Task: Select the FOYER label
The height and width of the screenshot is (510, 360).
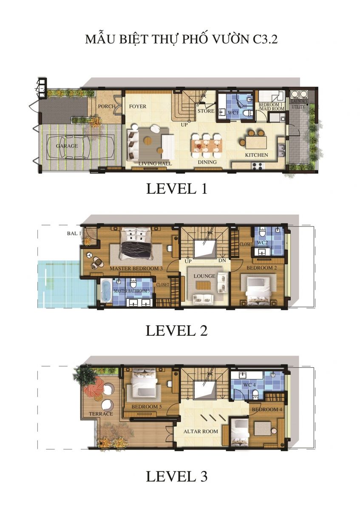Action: [x=138, y=106]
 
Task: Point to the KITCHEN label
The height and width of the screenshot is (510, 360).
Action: [x=256, y=155]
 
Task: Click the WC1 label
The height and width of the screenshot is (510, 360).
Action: [x=232, y=113]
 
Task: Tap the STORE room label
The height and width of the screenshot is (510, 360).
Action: [x=205, y=111]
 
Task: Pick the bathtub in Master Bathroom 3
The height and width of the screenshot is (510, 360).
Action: [x=106, y=291]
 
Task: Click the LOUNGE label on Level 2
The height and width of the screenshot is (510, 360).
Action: [x=204, y=276]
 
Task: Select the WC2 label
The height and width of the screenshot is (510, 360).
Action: [x=263, y=243]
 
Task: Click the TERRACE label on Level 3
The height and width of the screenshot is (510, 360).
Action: [x=101, y=414]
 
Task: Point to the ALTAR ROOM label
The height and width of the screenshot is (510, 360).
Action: [x=201, y=431]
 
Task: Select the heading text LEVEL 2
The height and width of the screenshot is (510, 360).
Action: [x=176, y=331]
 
